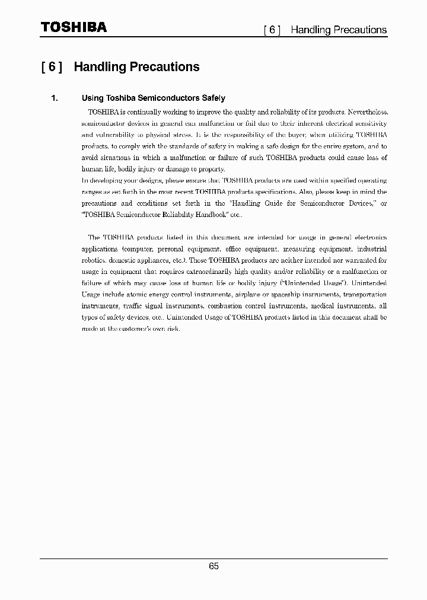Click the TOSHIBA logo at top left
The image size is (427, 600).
pyautogui.click(x=74, y=27)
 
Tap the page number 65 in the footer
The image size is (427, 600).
pyautogui.click(x=213, y=566)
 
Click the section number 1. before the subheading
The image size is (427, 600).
pyautogui.click(x=54, y=98)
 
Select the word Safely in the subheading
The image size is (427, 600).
pyautogui.click(x=213, y=98)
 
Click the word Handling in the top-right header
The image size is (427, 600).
pyautogui.click(x=311, y=30)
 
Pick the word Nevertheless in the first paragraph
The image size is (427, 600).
pyautogui.click(x=367, y=112)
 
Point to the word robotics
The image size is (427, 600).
pyautogui.click(x=94, y=260)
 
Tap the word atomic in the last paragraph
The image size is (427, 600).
pyautogui.click(x=139, y=295)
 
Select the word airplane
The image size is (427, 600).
pyautogui.click(x=248, y=295)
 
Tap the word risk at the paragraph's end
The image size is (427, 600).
pyautogui.click(x=172, y=328)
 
